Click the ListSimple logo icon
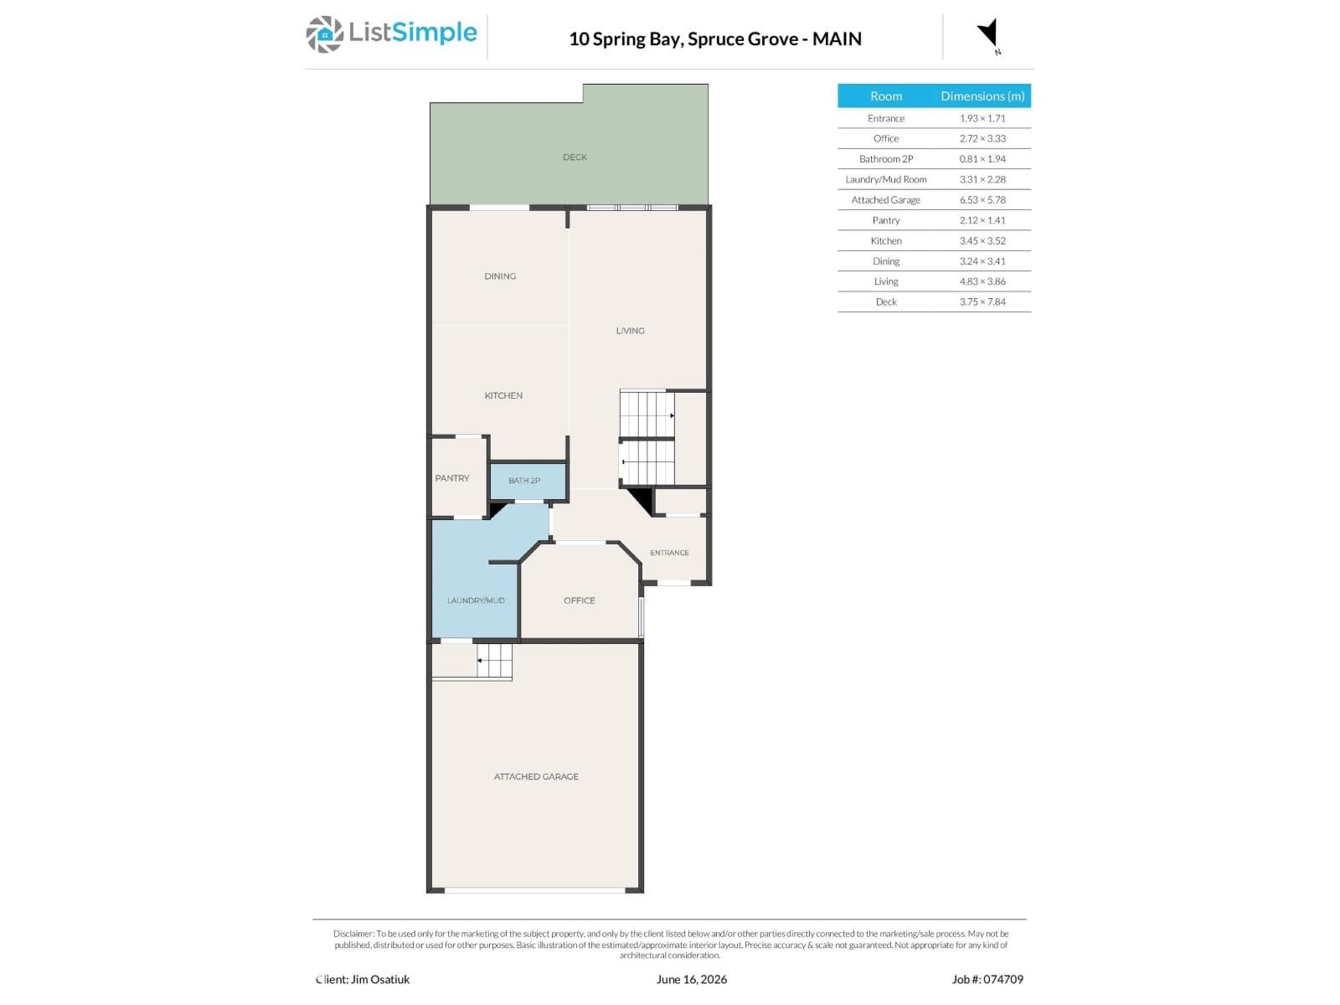pyautogui.click(x=325, y=34)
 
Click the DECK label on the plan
pyautogui.click(x=575, y=157)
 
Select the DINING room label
pyautogui.click(x=500, y=276)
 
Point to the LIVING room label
pyautogui.click(x=630, y=331)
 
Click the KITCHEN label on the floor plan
pyautogui.click(x=503, y=396)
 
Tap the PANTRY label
pyautogui.click(x=452, y=478)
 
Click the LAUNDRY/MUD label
pyautogui.click(x=476, y=601)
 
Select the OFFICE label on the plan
pyautogui.click(x=580, y=601)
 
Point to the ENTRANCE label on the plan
pyautogui.click(x=670, y=553)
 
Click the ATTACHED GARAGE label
pyautogui.click(x=536, y=777)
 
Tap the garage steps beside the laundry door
pyautogui.click(x=494, y=661)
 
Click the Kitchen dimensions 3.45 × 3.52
pyautogui.click(x=982, y=241)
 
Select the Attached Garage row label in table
pyautogui.click(x=886, y=200)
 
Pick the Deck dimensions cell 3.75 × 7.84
pyautogui.click(x=982, y=302)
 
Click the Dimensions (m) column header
pyautogui.click(x=982, y=96)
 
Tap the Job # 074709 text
pyautogui.click(x=987, y=979)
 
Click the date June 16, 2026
pyautogui.click(x=692, y=980)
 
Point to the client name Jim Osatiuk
pyautogui.click(x=380, y=979)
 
